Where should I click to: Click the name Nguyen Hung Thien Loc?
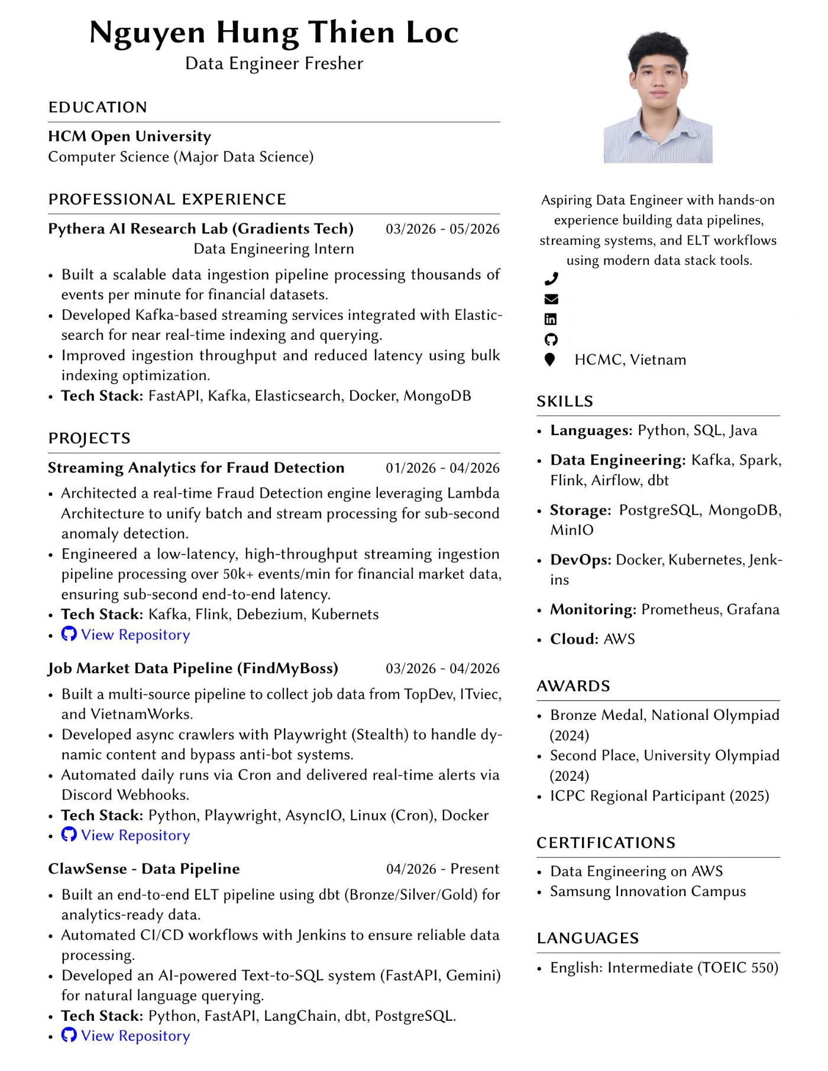tap(274, 33)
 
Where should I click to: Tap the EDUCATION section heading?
tap(98, 107)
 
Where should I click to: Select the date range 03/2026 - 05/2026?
tap(442, 229)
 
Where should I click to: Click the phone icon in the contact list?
tap(551, 278)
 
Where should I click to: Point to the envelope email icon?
tap(551, 299)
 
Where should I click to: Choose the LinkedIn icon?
tap(551, 319)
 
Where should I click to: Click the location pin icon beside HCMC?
tap(550, 359)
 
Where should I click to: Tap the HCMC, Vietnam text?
tap(630, 360)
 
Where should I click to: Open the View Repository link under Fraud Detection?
tap(135, 635)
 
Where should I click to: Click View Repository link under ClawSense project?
tap(135, 1036)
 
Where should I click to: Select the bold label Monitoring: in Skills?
tap(593, 609)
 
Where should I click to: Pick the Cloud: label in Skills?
tap(574, 639)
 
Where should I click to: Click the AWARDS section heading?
tap(573, 686)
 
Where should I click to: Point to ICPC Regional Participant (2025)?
tap(659, 796)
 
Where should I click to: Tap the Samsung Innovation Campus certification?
tap(648, 891)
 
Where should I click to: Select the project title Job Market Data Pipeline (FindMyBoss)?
tap(193, 668)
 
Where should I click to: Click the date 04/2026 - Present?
tap(442, 869)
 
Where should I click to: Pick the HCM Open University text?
tap(130, 137)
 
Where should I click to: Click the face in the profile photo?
tap(658, 80)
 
